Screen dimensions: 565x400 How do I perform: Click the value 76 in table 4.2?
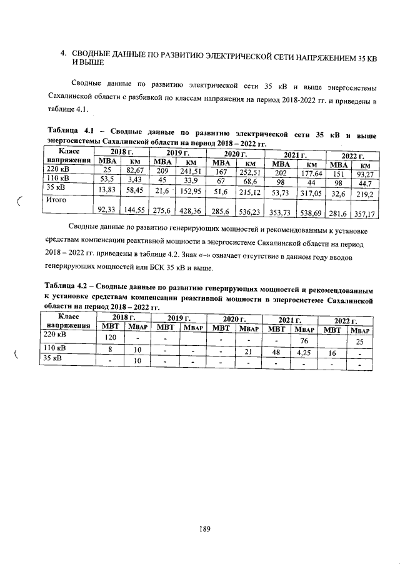pos(304,341)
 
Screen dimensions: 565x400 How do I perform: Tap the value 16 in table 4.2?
pos(332,353)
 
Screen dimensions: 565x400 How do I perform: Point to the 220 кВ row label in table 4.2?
pos(55,334)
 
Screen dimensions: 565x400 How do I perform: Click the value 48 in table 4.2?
pos(275,351)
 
